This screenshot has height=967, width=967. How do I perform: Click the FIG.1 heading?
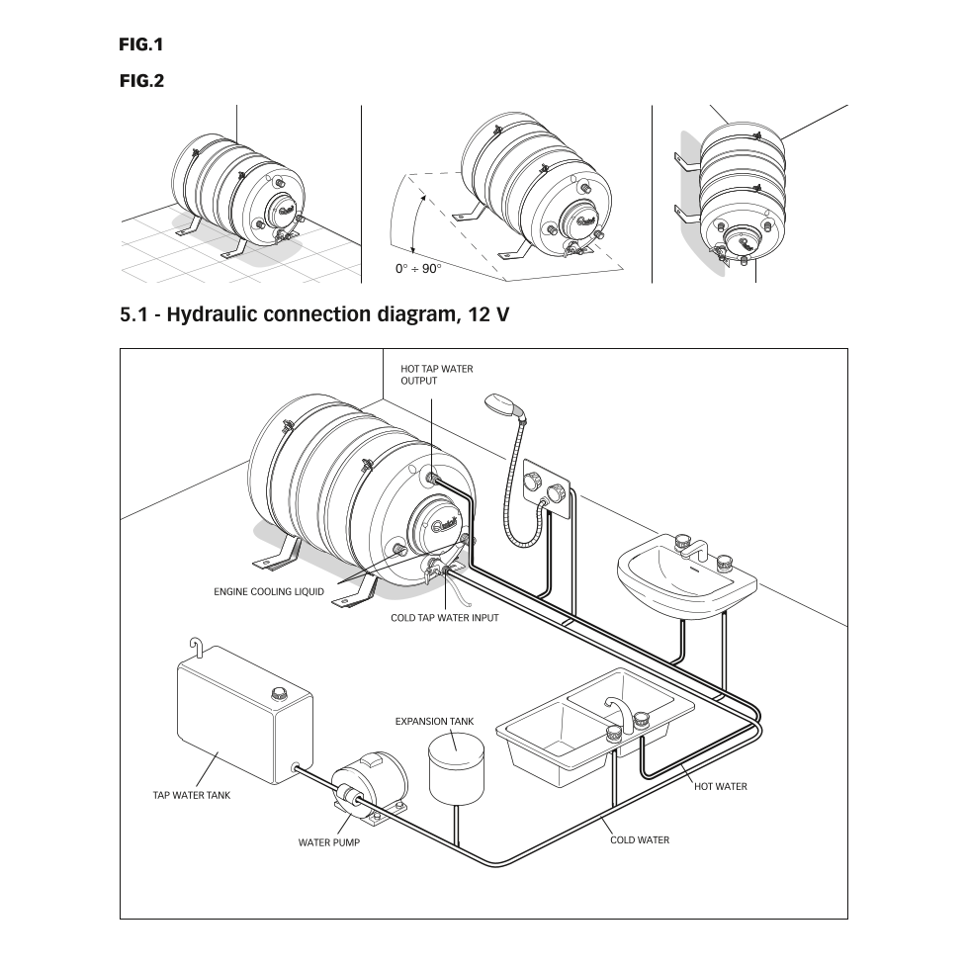[x=140, y=44]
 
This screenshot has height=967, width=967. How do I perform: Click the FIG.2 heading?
[x=140, y=81]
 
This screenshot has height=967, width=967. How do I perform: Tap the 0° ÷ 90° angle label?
[x=418, y=269]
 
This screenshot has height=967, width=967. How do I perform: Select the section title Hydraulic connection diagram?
[x=315, y=315]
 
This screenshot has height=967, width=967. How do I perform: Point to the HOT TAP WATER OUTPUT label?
[x=436, y=375]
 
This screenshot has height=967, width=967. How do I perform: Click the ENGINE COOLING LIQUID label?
[x=269, y=592]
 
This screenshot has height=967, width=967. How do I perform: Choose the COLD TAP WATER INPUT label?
[x=444, y=618]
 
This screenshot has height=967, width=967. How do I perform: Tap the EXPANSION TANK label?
[x=434, y=721]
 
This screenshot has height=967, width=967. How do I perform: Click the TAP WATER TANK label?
[x=191, y=795]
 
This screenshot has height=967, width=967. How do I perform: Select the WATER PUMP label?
[x=328, y=843]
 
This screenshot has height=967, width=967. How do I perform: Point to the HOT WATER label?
[x=720, y=786]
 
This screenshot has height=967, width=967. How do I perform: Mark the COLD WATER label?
[x=639, y=840]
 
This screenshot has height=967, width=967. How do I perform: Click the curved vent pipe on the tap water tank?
[x=197, y=647]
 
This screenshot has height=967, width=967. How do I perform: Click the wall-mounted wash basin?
[x=686, y=578]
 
